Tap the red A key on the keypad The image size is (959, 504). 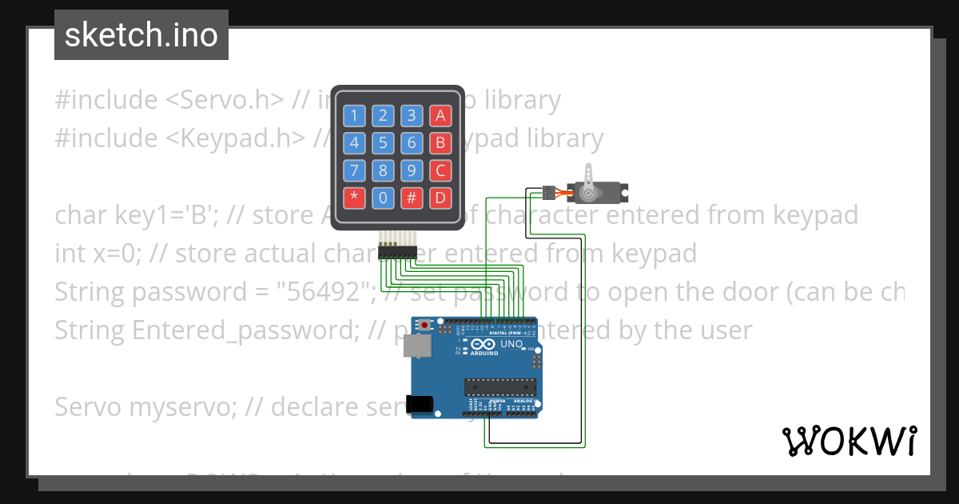click(x=440, y=116)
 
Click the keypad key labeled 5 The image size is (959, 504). click(x=383, y=143)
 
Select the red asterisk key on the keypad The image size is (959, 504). click(x=355, y=198)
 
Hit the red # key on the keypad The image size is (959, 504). click(x=412, y=198)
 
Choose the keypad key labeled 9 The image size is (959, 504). click(x=412, y=170)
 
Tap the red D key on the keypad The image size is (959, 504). click(x=440, y=198)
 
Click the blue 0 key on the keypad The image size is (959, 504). click(x=383, y=198)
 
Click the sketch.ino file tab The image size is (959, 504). click(x=141, y=35)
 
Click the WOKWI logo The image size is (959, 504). click(x=849, y=441)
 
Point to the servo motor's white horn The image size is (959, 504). click(x=589, y=180)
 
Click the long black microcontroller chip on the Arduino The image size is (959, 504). click(x=499, y=388)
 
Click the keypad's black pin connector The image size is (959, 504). click(x=397, y=253)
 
